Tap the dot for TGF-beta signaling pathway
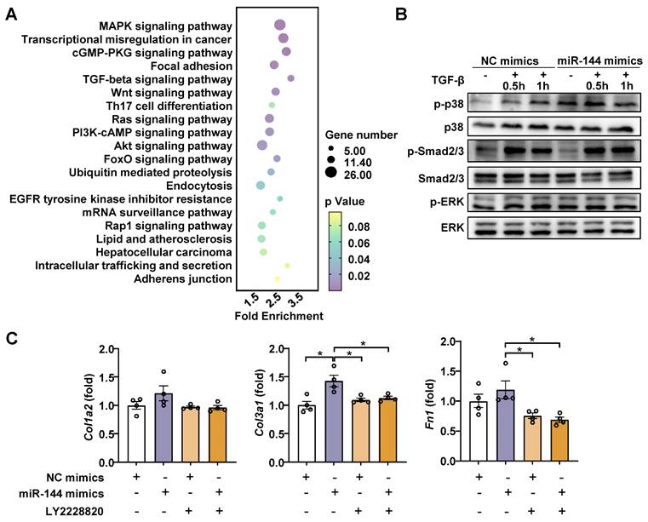[x=290, y=78]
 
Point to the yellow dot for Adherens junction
[x=277, y=278]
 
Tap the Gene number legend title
[x=361, y=135]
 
